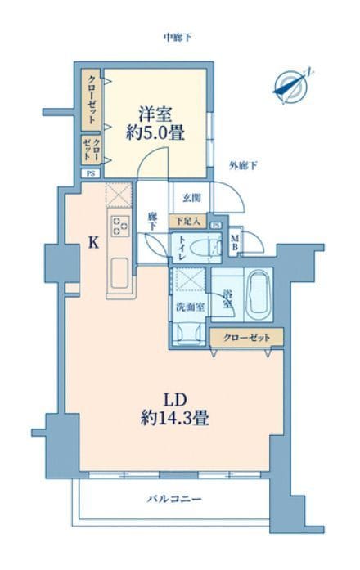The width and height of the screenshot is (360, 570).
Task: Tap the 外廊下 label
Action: click(x=243, y=167)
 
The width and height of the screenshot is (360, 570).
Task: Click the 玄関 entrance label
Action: click(x=191, y=198)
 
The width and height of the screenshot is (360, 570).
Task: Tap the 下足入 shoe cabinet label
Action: click(x=187, y=221)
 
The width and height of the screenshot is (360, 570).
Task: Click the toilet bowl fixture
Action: click(x=211, y=248)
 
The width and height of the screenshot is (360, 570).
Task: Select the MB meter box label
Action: click(x=234, y=243)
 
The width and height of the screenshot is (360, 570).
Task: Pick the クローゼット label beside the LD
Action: click(x=246, y=337)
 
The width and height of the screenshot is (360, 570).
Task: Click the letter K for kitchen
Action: click(x=93, y=242)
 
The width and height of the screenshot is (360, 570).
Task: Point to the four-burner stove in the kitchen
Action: click(x=119, y=225)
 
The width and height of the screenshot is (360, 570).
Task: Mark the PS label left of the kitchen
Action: click(x=91, y=173)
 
